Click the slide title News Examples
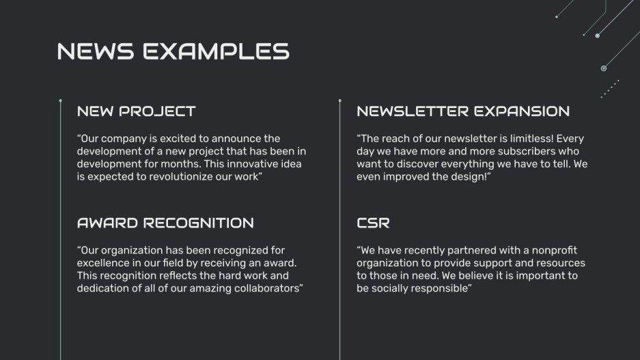[x=173, y=51]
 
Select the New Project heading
[x=136, y=111]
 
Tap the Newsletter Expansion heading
[x=462, y=111]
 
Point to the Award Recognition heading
[x=165, y=223]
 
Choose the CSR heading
[x=373, y=223]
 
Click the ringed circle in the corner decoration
[x=604, y=68]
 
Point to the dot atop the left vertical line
[x=61, y=100]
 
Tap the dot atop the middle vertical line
[x=339, y=100]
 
